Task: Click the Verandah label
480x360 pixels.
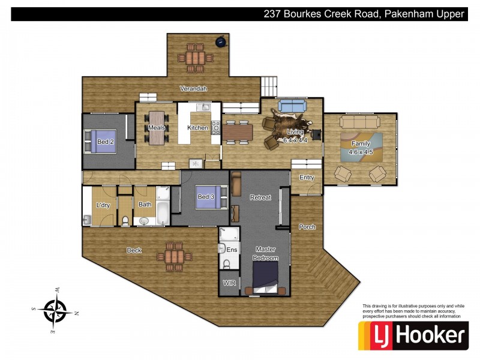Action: click(x=194, y=89)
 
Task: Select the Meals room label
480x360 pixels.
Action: click(x=156, y=127)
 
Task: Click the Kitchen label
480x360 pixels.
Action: click(x=197, y=127)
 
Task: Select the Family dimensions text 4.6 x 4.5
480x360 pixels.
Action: click(x=361, y=152)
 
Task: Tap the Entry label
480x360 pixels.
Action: click(x=307, y=178)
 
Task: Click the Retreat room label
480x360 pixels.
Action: click(x=260, y=197)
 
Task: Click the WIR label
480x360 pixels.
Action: click(x=229, y=281)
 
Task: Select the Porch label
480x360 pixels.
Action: click(x=307, y=227)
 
